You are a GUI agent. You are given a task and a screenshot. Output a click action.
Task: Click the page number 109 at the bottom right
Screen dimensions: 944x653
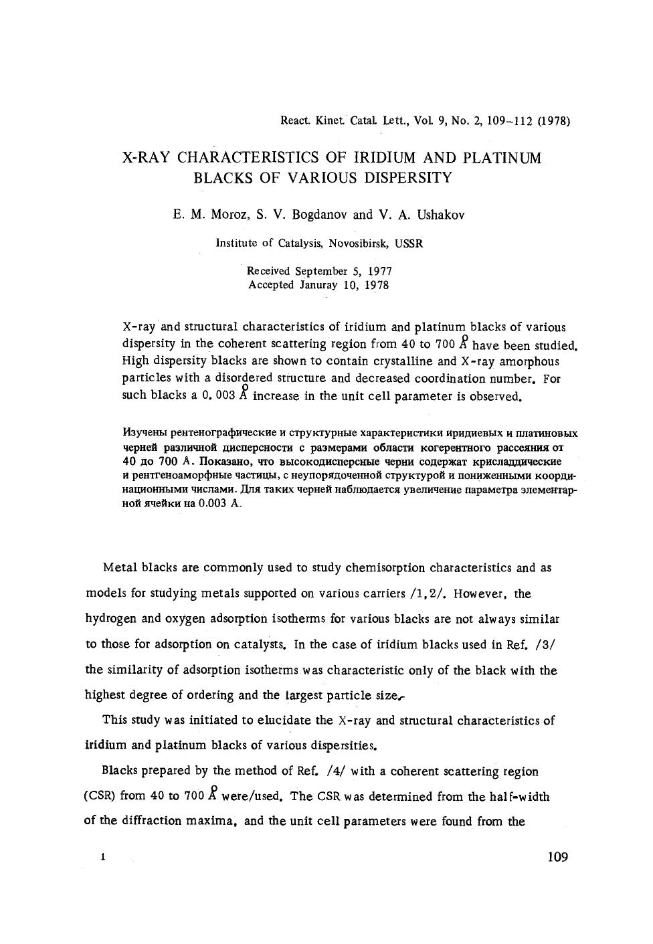coord(557,857)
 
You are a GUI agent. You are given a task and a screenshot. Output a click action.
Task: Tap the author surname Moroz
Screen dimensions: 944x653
coord(230,215)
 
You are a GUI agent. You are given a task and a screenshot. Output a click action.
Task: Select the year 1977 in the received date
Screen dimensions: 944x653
coord(379,271)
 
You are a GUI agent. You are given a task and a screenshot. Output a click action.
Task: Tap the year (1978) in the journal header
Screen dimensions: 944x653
coord(554,122)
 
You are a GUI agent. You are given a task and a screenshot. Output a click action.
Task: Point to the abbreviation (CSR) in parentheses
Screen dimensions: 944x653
coord(100,796)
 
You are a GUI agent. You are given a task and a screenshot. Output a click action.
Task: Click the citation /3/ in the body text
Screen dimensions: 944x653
coord(546,645)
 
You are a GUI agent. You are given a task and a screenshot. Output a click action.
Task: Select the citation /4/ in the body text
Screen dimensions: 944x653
coord(334,771)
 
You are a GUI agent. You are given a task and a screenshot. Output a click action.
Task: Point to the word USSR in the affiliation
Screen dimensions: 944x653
coord(409,244)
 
